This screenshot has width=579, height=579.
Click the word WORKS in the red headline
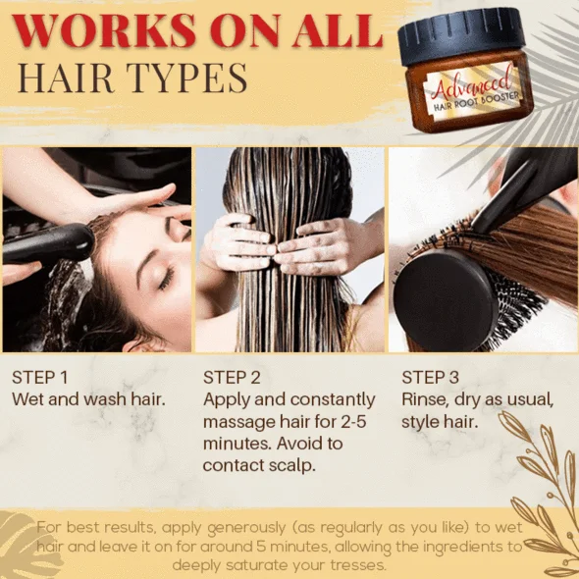pyautogui.click(x=104, y=30)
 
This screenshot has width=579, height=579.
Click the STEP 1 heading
pyautogui.click(x=40, y=378)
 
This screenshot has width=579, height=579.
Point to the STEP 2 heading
pyautogui.click(x=232, y=378)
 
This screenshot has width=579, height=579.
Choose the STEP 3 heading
pyautogui.click(x=430, y=378)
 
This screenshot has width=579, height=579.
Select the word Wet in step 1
pyautogui.click(x=28, y=399)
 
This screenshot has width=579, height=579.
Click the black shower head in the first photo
pyautogui.click(x=48, y=243)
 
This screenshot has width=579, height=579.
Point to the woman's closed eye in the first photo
pyautogui.click(x=166, y=278)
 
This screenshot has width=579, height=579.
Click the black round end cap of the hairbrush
pyautogui.click(x=445, y=300)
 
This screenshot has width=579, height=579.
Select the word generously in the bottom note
pyautogui.click(x=246, y=528)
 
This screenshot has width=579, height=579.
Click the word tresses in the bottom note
pyautogui.click(x=357, y=565)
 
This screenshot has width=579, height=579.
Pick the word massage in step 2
pyautogui.click(x=236, y=422)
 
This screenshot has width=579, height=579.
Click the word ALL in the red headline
pyautogui.click(x=338, y=30)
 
